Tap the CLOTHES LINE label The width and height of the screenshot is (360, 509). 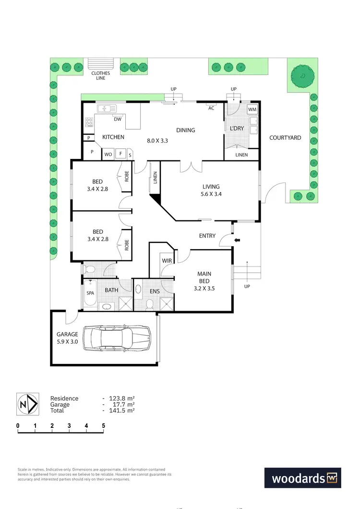pyautogui.click(x=101, y=75)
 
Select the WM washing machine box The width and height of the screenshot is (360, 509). pyautogui.click(x=252, y=110)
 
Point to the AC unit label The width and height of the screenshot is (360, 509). pyautogui.click(x=211, y=109)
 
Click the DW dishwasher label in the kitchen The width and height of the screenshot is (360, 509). pyautogui.click(x=118, y=119)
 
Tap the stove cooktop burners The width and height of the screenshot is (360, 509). pyautogui.click(x=89, y=122)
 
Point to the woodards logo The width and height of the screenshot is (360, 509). pyautogui.click(x=303, y=478)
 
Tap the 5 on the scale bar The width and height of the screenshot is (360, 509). pyautogui.click(x=104, y=425)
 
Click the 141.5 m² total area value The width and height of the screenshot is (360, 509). pyautogui.click(x=123, y=411)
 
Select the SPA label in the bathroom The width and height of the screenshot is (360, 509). pyautogui.click(x=90, y=292)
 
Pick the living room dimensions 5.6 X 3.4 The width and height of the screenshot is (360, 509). pyautogui.click(x=211, y=194)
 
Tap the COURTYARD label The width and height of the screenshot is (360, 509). pyautogui.click(x=285, y=138)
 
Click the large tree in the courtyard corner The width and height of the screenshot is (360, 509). pyautogui.click(x=303, y=76)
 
